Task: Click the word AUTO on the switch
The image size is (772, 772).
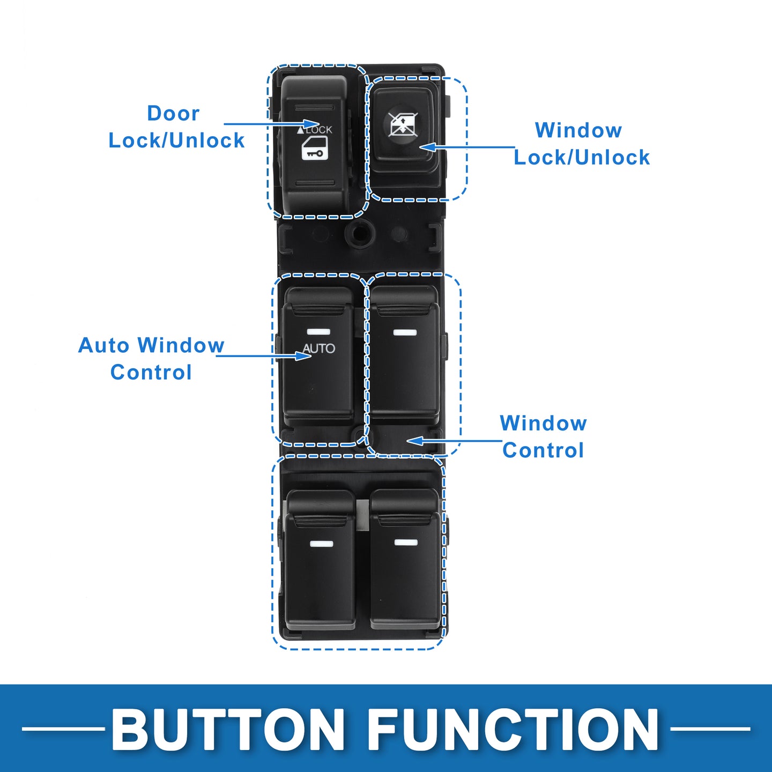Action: click(x=319, y=348)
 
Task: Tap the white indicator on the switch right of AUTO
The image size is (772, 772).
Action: click(x=405, y=332)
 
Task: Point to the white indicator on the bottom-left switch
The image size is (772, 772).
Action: click(x=321, y=544)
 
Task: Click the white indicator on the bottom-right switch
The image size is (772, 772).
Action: click(x=406, y=543)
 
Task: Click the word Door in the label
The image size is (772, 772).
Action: click(x=173, y=114)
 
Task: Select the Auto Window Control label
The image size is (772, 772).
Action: click(x=151, y=358)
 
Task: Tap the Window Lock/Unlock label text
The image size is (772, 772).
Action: click(x=581, y=144)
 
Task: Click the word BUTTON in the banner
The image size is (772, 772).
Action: click(x=228, y=730)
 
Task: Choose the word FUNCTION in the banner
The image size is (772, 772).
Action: click(x=513, y=730)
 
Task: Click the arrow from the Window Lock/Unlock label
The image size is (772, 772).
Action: click(x=466, y=147)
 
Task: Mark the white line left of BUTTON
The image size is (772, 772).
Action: click(x=63, y=729)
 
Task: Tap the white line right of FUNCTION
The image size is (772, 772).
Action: click(x=710, y=729)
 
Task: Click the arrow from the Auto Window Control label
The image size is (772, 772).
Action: click(x=263, y=355)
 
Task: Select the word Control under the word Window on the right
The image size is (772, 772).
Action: click(x=543, y=450)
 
